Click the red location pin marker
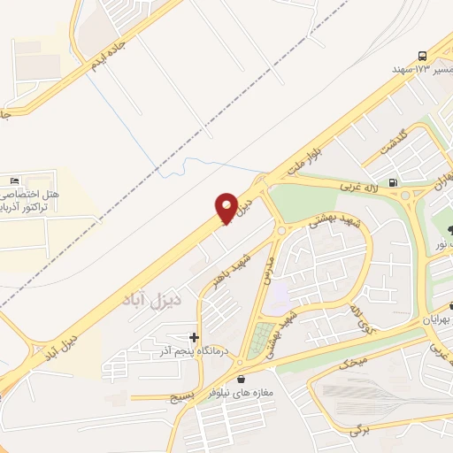click(x=227, y=208)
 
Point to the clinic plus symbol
click(x=194, y=337)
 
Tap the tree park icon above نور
click(x=440, y=231)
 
